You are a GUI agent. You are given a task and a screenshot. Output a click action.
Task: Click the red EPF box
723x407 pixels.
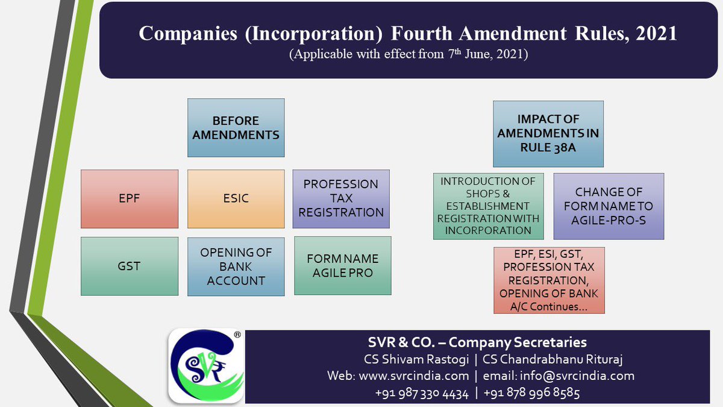click(130, 199)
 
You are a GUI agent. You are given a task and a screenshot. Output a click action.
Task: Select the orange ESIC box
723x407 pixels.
click(236, 199)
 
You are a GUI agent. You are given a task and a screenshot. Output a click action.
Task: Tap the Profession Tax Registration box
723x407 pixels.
click(341, 198)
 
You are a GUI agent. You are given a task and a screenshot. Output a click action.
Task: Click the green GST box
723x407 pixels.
click(130, 266)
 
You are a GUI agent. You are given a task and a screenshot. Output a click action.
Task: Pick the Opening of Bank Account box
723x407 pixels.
click(236, 267)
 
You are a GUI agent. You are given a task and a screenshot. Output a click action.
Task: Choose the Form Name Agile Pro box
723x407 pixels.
click(342, 266)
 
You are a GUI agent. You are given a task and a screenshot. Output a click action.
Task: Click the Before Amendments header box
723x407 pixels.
click(236, 128)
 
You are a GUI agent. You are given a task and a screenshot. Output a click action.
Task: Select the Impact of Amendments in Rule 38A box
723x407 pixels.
click(548, 134)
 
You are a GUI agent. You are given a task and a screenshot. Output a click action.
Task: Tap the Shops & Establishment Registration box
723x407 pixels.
click(488, 206)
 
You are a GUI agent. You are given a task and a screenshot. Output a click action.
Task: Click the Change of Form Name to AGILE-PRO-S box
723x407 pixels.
click(609, 206)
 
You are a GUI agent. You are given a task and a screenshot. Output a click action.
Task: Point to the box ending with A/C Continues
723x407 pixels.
click(548, 280)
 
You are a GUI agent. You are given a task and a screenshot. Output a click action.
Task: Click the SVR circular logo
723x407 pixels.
click(205, 365)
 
